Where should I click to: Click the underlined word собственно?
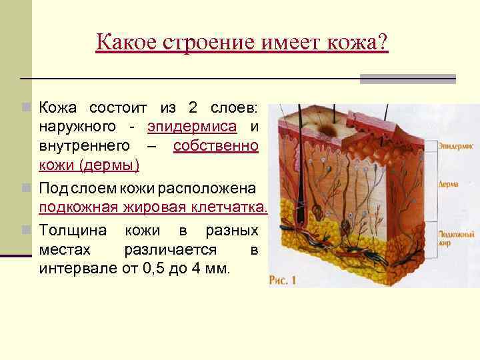pyautogui.click(x=215, y=145)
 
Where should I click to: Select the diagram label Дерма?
pyautogui.click(x=447, y=184)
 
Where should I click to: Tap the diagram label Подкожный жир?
pyautogui.click(x=456, y=239)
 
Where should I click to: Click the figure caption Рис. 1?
pyautogui.click(x=283, y=281)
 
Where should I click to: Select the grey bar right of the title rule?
pyautogui.click(x=407, y=78)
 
